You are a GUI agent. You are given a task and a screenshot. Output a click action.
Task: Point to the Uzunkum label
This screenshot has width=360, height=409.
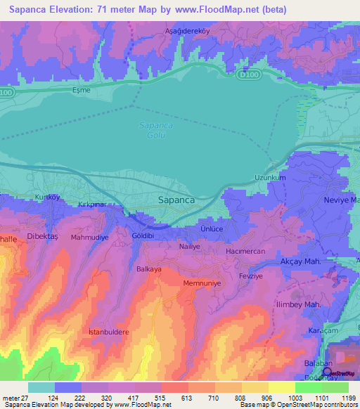tap(270, 178)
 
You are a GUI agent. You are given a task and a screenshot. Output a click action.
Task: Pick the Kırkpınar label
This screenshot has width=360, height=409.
tap(92, 203)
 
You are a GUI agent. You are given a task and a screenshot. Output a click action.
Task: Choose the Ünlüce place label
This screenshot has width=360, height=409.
tap(212, 229)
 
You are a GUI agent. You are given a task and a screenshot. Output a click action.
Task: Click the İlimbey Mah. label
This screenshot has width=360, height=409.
tap(298, 304)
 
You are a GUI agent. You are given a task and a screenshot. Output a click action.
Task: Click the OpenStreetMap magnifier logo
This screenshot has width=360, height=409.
tap(327, 372)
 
